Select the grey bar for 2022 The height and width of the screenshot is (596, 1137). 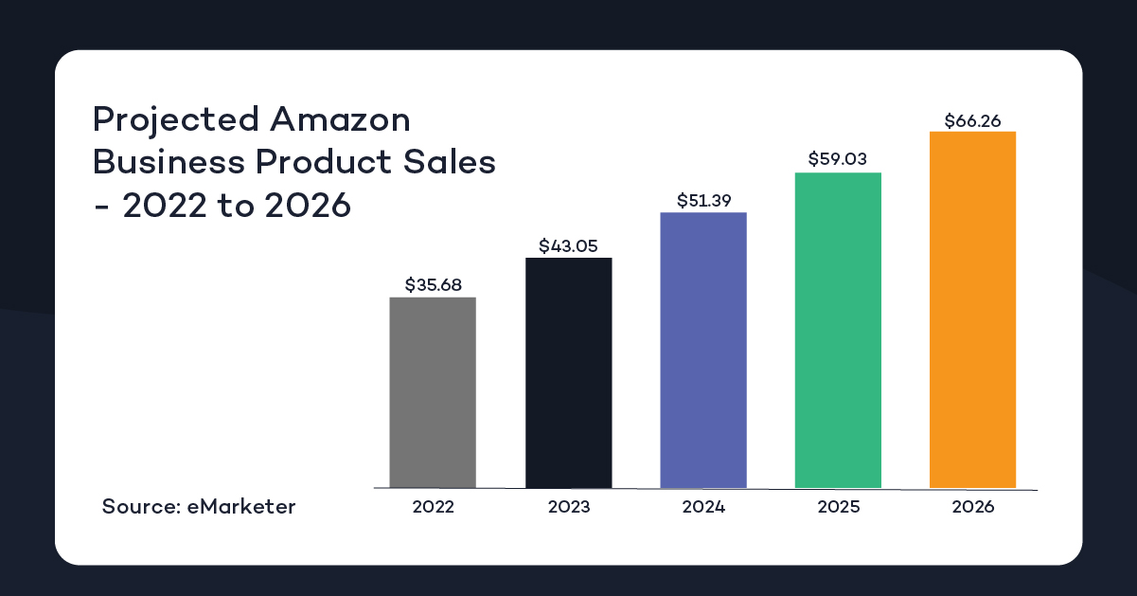(x=433, y=392)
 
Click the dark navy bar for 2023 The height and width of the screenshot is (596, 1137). (x=568, y=372)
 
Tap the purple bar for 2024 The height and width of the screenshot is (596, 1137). (x=703, y=350)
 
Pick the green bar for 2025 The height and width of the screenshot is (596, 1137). (x=838, y=330)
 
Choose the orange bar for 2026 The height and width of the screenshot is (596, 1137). (x=972, y=309)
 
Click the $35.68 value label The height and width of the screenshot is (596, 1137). (x=433, y=284)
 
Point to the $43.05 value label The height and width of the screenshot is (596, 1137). (x=568, y=245)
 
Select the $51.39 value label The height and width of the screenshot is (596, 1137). (x=703, y=200)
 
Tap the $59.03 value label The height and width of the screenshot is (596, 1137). (x=838, y=159)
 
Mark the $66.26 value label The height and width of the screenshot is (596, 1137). (x=972, y=120)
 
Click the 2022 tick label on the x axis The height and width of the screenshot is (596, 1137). (x=433, y=507)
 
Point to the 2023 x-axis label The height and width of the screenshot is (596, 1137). (x=568, y=507)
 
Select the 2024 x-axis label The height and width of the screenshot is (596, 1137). (x=703, y=507)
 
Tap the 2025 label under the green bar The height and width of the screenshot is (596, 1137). (x=838, y=507)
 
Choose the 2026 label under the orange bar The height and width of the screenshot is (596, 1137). (x=972, y=507)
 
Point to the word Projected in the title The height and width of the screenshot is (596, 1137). (x=175, y=121)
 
